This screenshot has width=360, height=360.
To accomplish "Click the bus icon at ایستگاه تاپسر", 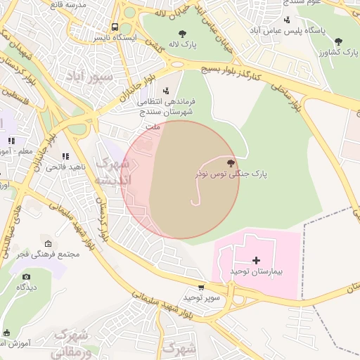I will click(x=115, y=27).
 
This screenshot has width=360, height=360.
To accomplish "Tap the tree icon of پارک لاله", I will click(x=182, y=32).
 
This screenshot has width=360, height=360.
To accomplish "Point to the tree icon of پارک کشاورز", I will click(x=339, y=41).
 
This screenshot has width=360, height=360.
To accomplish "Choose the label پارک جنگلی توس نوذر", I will click(x=231, y=174).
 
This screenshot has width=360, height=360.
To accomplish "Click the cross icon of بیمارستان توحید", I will click(x=256, y=260).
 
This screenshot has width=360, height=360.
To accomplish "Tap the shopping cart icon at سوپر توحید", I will click(x=202, y=287).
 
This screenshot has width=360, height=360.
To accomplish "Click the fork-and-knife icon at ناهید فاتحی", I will click(x=65, y=156).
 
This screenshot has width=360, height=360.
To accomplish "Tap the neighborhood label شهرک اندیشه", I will click(x=112, y=172).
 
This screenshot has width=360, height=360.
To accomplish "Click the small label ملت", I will click(x=152, y=127).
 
